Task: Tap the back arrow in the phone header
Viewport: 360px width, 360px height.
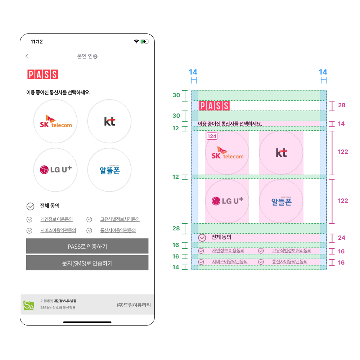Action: pos(27,56)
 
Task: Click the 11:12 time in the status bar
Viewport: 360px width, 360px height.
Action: pos(37,41)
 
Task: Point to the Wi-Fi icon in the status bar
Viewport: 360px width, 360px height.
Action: pos(136,41)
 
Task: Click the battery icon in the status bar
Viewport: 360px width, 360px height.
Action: pos(145,41)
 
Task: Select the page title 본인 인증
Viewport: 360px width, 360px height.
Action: pos(87,56)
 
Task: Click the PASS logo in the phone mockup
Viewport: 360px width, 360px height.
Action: pos(43,75)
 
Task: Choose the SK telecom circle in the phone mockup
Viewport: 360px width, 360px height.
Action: pos(55,121)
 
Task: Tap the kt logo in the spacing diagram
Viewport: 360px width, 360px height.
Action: pos(282,153)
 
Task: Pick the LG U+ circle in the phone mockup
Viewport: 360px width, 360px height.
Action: pos(55,170)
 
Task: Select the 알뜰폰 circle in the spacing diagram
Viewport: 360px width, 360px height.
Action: pos(281,201)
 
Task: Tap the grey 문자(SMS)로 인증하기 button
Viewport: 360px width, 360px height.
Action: pos(87,263)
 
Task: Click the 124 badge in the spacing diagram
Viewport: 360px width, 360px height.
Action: pos(212,136)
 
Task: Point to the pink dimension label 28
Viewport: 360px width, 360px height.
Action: pos(342,105)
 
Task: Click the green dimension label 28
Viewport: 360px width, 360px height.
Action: pos(176,228)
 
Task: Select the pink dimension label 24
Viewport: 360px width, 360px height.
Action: pos(342,238)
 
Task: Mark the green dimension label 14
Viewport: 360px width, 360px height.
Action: pos(176,267)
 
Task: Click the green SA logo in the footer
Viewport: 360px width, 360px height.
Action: pos(29,305)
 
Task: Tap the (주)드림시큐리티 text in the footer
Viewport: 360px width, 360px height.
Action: pos(134,305)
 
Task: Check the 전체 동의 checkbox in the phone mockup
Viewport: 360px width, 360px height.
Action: pos(30,206)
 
